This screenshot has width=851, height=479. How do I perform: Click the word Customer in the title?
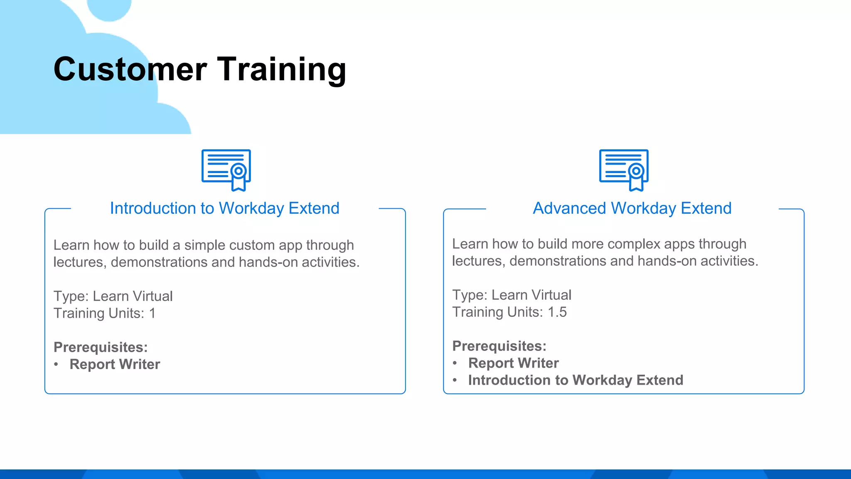click(x=130, y=69)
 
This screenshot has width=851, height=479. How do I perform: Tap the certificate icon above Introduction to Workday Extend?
click(x=226, y=170)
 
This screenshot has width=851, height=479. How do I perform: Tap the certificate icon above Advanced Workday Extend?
click(x=624, y=170)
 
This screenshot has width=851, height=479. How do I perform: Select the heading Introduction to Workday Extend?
click(x=224, y=208)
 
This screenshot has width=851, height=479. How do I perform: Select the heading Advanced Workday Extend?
click(x=632, y=208)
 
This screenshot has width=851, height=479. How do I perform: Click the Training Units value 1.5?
click(x=557, y=312)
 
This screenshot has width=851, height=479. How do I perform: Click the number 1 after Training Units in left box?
click(x=152, y=314)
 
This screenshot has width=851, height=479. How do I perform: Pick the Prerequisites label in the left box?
click(x=101, y=347)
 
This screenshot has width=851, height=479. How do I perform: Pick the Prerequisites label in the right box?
click(x=499, y=346)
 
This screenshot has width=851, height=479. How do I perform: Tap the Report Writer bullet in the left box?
click(x=115, y=364)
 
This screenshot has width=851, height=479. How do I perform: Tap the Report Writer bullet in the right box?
click(x=513, y=363)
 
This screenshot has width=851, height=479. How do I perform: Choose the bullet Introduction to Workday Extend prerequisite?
click(x=576, y=380)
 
